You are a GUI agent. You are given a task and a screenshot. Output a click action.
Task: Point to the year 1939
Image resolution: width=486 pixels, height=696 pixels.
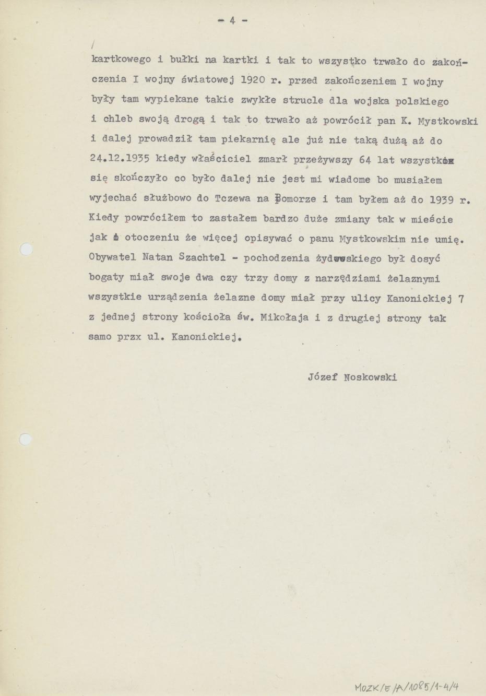[444, 199]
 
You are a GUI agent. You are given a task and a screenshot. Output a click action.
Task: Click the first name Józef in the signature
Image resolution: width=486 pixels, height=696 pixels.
[321, 377]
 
